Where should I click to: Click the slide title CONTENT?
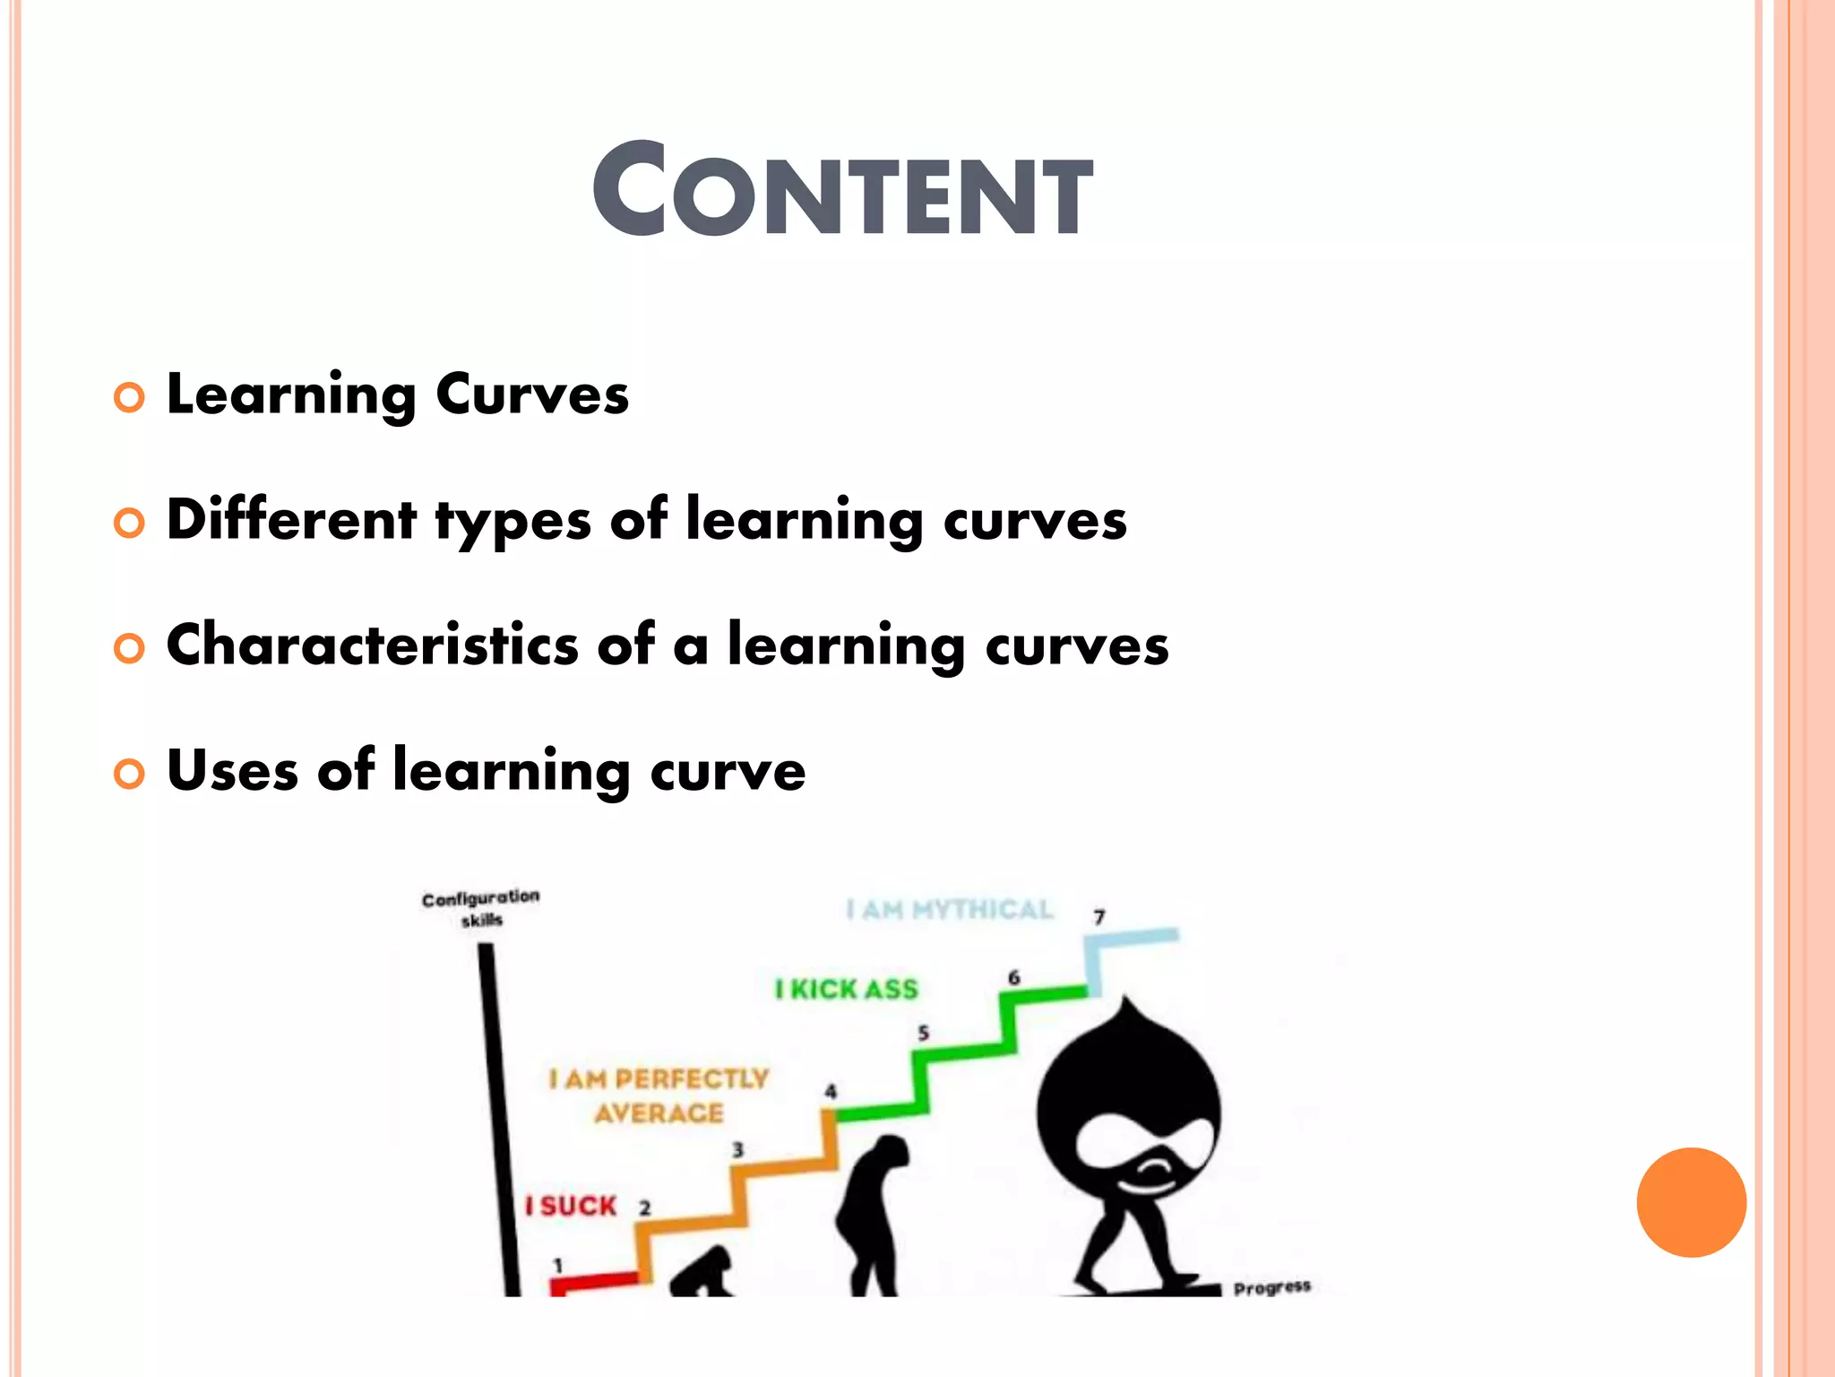point(842,191)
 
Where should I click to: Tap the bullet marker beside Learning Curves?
point(129,397)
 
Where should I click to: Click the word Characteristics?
point(373,645)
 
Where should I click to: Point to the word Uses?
point(232,770)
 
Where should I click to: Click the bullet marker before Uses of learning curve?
point(129,774)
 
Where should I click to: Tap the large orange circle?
point(1691,1202)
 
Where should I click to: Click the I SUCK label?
point(572,1206)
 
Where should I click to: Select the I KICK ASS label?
point(847,990)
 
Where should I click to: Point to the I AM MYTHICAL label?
point(950,910)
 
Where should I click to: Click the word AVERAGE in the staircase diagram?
point(659,1113)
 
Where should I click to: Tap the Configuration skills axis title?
point(481,908)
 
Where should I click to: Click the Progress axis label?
point(1271,1288)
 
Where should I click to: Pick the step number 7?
point(1099,917)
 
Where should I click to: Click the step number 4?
point(831,1091)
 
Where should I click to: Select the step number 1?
point(558,1265)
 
